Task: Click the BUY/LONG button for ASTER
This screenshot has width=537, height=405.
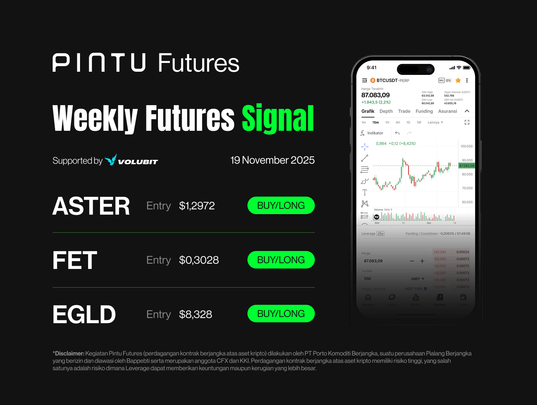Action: pyautogui.click(x=281, y=206)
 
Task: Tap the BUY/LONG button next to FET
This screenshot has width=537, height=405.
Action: pyautogui.click(x=281, y=260)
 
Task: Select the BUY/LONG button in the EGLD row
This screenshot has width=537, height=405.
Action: pyautogui.click(x=281, y=314)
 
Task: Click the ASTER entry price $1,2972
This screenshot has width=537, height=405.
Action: pyautogui.click(x=197, y=206)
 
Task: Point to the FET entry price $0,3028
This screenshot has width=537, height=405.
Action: pyautogui.click(x=199, y=260)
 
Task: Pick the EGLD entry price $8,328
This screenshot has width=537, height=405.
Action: pyautogui.click(x=195, y=314)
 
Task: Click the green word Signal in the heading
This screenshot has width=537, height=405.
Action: pyautogui.click(x=278, y=118)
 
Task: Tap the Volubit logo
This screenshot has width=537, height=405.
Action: pyautogui.click(x=132, y=160)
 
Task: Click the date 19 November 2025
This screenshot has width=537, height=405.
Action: pyautogui.click(x=272, y=160)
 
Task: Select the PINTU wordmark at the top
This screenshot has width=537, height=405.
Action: pyautogui.click(x=99, y=63)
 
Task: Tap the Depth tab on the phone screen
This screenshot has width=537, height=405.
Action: pyautogui.click(x=386, y=111)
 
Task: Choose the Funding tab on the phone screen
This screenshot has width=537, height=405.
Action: pyautogui.click(x=424, y=111)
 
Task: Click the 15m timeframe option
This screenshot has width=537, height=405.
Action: pyautogui.click(x=376, y=123)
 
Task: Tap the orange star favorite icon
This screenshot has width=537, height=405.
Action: pyautogui.click(x=458, y=81)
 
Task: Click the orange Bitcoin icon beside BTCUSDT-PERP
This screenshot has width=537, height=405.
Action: pyautogui.click(x=373, y=81)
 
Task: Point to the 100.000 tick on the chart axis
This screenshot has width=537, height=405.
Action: pyautogui.click(x=466, y=146)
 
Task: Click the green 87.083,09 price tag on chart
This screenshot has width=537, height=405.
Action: pyautogui.click(x=466, y=166)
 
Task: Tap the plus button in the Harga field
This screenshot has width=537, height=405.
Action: pyautogui.click(x=422, y=261)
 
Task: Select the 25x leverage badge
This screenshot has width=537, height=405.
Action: pyautogui.click(x=380, y=233)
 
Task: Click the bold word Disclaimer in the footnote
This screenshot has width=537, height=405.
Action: pyautogui.click(x=69, y=353)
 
